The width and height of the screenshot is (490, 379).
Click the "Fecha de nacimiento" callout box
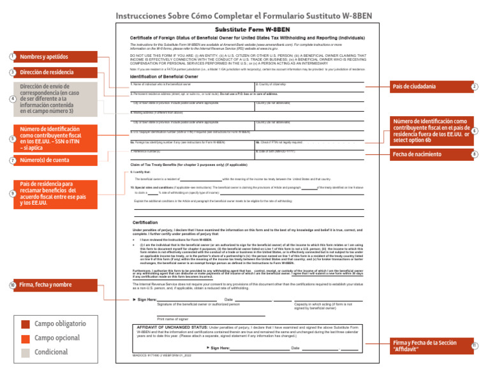coord(427,154)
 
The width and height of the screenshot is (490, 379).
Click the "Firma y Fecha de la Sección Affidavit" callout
coord(427,346)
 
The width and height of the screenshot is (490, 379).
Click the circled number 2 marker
coord(474,86)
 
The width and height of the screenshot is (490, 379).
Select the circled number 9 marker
coord(13,193)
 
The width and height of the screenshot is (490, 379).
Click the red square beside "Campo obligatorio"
coord(26,324)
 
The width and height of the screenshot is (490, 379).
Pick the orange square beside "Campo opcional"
coord(26,338)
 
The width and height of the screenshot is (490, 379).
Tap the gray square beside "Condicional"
coord(26,352)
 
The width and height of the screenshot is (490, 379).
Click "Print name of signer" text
coord(172,318)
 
